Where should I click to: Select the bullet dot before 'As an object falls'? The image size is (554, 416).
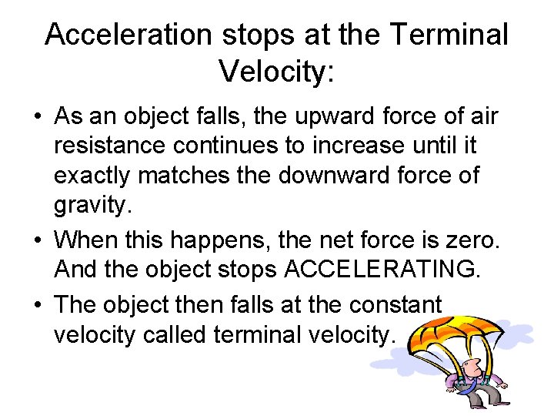click(38, 118)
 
